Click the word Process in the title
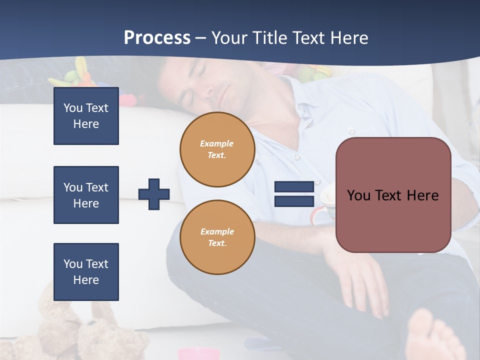coord(157,37)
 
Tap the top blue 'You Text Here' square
coord(86,116)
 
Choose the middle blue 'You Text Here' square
coord(86,195)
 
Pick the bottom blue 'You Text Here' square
coord(86,272)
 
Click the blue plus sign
coord(154,194)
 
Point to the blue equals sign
coord(294,194)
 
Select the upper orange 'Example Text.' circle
coord(217,149)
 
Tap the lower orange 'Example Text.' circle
coord(217,237)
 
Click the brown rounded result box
coord(393,195)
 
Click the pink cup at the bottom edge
coord(199,354)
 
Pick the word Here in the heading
coord(347,38)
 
